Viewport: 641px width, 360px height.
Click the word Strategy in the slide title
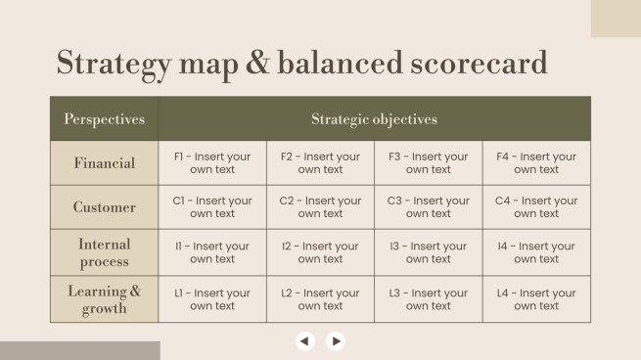point(114,64)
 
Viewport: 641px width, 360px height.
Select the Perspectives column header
point(104,119)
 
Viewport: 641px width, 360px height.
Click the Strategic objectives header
point(374,119)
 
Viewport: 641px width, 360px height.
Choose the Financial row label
point(104,163)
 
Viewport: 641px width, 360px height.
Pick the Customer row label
point(104,207)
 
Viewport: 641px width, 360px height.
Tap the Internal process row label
point(104,252)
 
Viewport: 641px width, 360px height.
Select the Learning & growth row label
point(104,299)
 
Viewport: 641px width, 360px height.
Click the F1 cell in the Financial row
point(212,163)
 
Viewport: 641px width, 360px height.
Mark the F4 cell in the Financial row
point(536,163)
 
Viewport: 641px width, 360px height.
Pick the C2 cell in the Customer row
point(320,207)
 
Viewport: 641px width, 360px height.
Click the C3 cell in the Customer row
point(428,207)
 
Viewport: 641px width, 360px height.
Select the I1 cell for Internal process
point(212,252)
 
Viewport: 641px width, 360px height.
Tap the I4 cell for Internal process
point(536,252)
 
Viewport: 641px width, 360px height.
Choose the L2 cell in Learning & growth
point(320,299)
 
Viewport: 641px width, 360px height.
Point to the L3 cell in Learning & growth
point(428,299)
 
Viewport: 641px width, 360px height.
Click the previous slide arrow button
point(305,341)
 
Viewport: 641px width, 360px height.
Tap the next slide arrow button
point(336,341)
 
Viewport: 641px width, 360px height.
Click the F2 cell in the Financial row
point(320,163)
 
